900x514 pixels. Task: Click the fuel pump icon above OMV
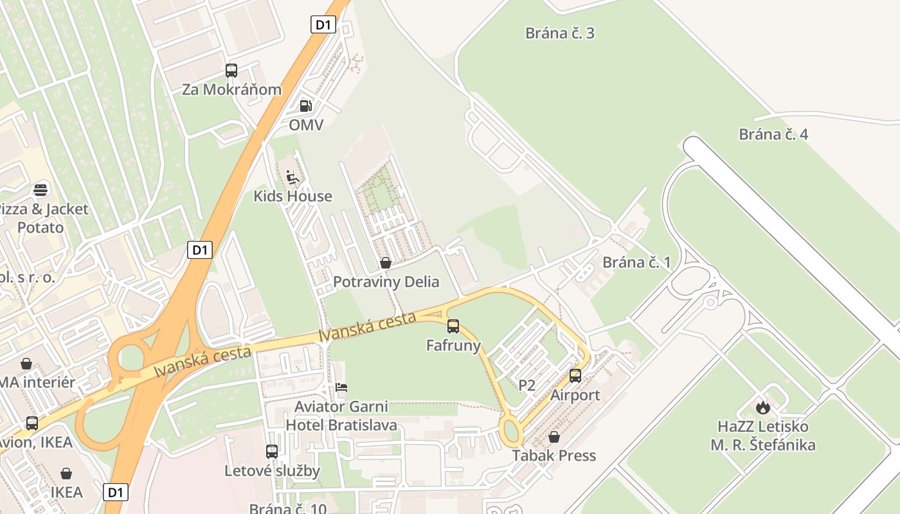306,106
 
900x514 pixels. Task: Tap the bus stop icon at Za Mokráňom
231,71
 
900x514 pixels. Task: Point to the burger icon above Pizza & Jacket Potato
40,190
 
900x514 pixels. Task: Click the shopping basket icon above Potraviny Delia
386,263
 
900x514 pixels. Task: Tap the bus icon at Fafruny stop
453,326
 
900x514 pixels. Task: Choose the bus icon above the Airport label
575,376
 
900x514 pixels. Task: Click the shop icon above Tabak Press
554,437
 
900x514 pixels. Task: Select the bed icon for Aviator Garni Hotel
341,387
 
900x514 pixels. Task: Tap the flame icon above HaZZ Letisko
762,407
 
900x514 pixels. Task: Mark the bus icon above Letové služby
272,452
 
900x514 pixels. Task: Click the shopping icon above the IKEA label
66,474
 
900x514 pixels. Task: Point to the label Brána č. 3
560,33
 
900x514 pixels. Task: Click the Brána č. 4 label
773,134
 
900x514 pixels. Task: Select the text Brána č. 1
636,262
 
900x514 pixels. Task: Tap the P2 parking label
526,385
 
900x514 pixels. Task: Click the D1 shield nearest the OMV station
323,25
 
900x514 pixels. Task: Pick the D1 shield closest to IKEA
115,493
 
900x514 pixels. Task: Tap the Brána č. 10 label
288,508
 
